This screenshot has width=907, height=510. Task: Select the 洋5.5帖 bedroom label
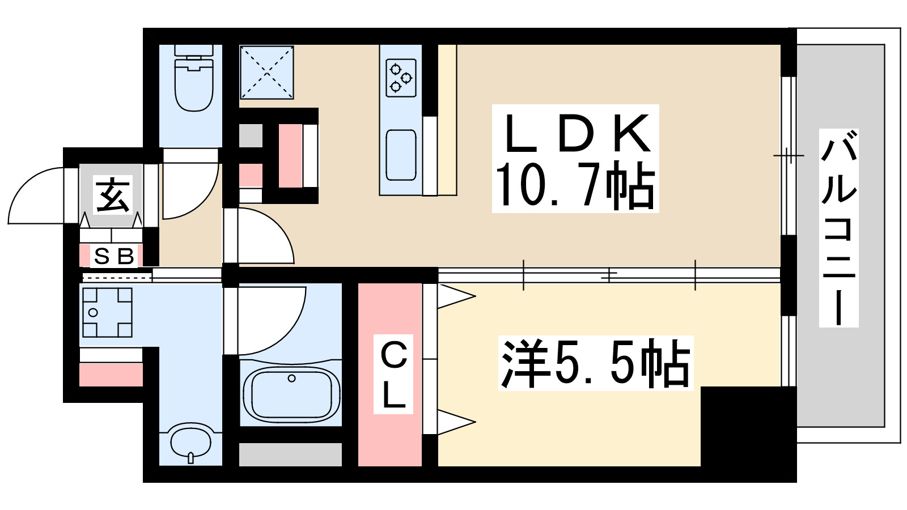(595, 364)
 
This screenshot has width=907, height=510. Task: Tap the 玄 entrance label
(113, 194)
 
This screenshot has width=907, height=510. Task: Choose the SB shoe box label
(114, 257)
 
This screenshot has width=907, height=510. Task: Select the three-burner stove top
(401, 78)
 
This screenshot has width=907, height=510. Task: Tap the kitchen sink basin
(401, 155)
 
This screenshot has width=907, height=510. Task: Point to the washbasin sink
(190, 442)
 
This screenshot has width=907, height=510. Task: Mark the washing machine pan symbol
(107, 312)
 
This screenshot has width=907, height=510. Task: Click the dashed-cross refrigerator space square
(266, 72)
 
